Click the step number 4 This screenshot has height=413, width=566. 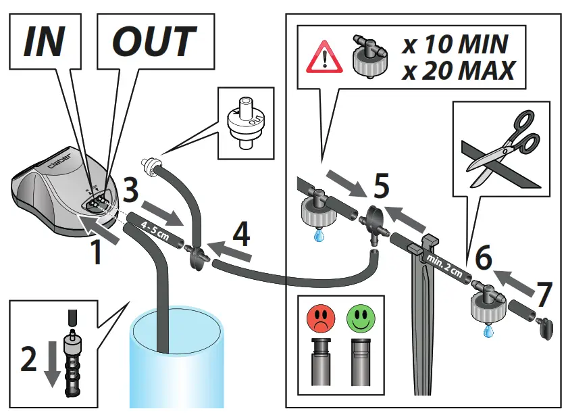[241, 234]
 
